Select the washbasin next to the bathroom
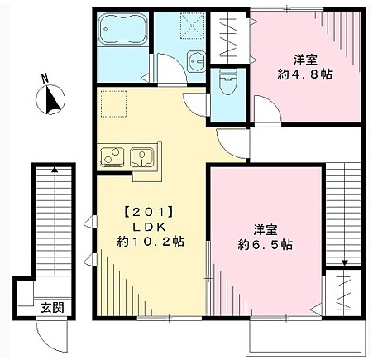195,62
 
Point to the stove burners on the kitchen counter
112,156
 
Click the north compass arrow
52,101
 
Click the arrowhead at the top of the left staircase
55,170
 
